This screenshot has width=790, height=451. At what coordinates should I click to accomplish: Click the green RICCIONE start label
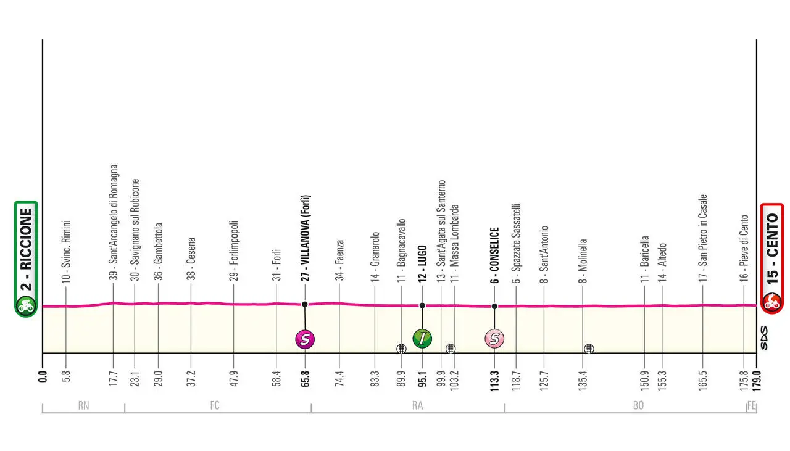click(25, 247)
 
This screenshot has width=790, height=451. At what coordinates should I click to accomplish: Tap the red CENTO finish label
click(771, 247)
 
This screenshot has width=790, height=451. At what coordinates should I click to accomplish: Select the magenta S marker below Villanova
click(305, 338)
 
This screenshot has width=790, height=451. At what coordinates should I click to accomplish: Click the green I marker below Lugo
click(422, 338)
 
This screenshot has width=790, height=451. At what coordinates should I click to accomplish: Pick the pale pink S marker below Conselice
click(494, 338)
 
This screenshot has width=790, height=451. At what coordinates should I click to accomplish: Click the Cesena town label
click(192, 260)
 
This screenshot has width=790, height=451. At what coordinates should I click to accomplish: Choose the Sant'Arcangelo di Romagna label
click(114, 222)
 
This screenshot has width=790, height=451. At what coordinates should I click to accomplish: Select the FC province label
click(215, 405)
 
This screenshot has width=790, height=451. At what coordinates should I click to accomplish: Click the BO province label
click(638, 405)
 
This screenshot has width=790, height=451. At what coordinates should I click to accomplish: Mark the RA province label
click(417, 405)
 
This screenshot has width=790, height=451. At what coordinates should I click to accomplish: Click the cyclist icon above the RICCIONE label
click(25, 304)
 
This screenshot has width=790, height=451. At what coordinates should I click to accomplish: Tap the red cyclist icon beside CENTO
click(771, 302)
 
